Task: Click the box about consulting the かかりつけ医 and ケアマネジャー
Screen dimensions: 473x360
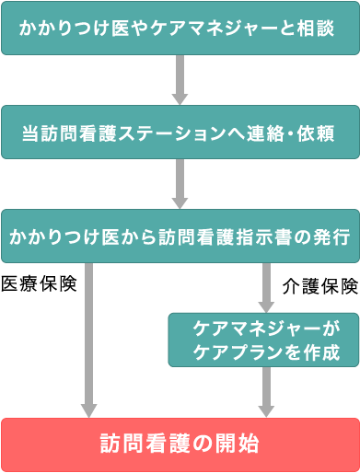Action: (x=180, y=29)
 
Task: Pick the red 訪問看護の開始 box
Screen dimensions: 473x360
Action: (x=180, y=444)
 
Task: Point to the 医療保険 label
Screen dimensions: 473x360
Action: (x=39, y=283)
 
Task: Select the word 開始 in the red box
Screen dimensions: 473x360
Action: (x=238, y=444)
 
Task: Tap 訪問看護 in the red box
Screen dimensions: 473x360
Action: (x=137, y=444)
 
